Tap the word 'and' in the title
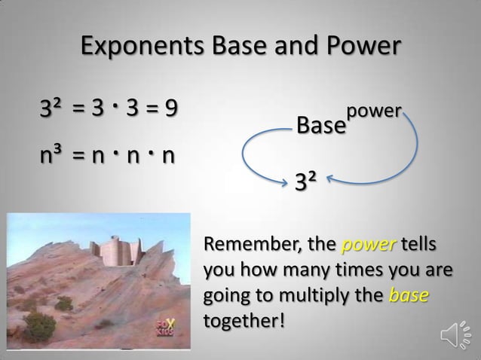293,46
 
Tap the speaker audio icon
452,334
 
